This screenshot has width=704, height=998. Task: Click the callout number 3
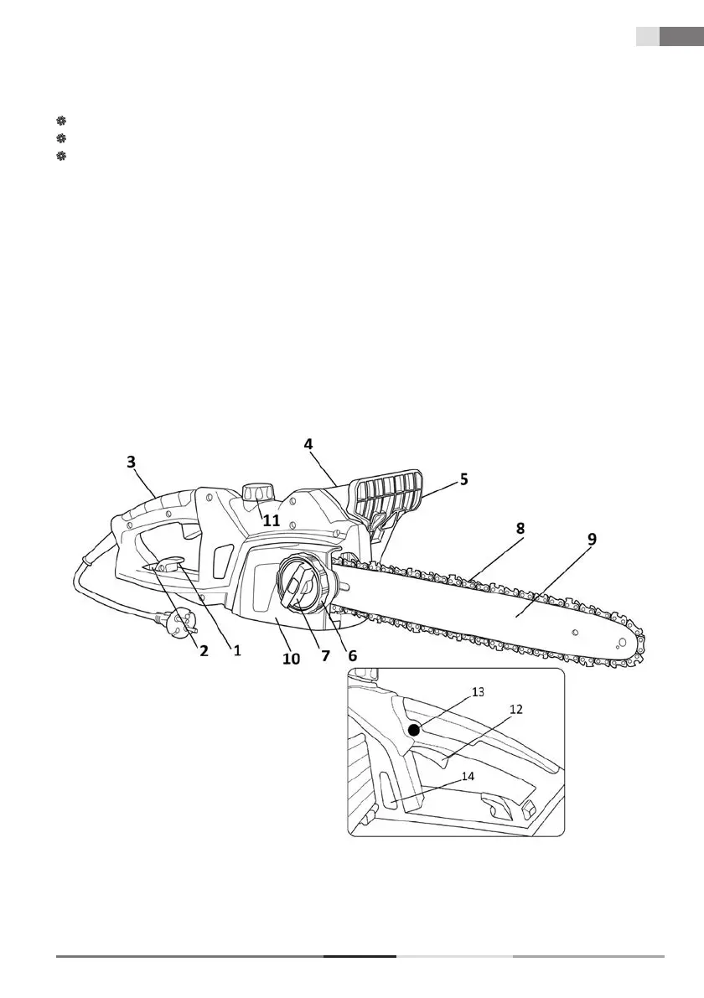click(x=131, y=462)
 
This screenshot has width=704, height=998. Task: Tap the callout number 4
click(x=309, y=444)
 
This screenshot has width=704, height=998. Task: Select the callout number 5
click(x=463, y=480)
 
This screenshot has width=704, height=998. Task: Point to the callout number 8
click(x=520, y=529)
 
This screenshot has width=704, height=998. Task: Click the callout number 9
click(x=592, y=540)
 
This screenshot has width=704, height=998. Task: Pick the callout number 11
click(x=271, y=520)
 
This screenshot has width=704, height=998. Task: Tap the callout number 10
click(x=290, y=659)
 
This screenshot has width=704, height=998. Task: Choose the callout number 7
click(x=325, y=657)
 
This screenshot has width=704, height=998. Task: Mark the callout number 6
click(x=352, y=657)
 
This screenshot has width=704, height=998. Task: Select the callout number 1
click(x=237, y=650)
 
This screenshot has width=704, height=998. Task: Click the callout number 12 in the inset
click(x=516, y=709)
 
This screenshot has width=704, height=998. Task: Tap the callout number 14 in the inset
click(x=468, y=776)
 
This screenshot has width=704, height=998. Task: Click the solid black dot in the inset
click(x=414, y=730)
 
